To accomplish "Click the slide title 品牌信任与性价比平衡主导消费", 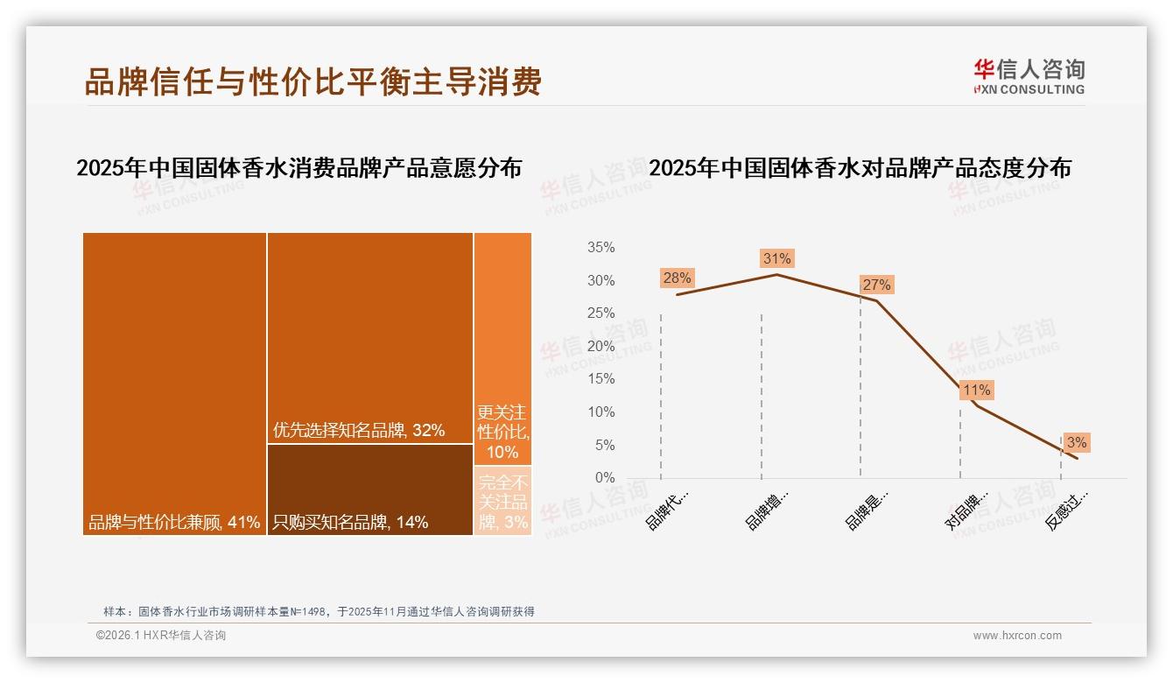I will pos(313,81).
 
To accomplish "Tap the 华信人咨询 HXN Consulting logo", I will pos(1029,77).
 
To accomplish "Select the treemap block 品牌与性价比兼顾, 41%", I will pos(174,383).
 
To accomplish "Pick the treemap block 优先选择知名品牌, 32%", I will pos(369,337).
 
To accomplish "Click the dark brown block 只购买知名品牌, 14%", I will pos(369,489).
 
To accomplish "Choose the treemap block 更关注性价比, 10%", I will pos(502,349).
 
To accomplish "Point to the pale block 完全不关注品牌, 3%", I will pos(502,501).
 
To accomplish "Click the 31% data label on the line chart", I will pos(776,258).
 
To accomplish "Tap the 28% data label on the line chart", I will pos(677,278).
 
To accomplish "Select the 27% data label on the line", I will pos(876,285).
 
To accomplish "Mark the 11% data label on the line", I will pos(976,390).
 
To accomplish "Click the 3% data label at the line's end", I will pos(1076,442).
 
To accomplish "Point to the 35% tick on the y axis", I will pos(601,248).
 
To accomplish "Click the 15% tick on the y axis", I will pos(601,379).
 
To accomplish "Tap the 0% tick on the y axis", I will pos(605,478).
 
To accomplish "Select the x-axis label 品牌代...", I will pos(668,509).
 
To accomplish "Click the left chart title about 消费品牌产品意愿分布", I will pos(299,168).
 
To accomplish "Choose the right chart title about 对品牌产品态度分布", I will pos(860,168).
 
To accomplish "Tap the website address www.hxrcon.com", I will pos(1017,636).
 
